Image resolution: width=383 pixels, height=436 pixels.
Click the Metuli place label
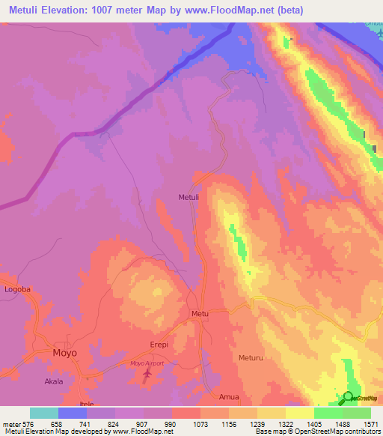[x=189, y=198]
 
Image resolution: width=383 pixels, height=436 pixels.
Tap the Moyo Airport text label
[x=147, y=363]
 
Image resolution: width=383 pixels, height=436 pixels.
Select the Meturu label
[x=252, y=358]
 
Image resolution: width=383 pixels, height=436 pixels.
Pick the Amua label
[x=229, y=396]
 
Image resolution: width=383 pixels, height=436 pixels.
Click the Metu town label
[x=199, y=313]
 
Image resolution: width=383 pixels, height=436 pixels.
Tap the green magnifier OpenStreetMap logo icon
[x=348, y=399]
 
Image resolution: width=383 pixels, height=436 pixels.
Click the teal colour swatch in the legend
[x=44, y=413]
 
